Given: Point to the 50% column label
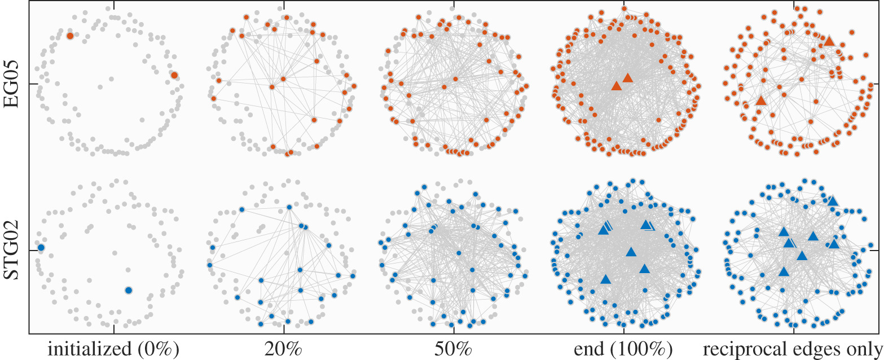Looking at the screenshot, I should tap(455, 349).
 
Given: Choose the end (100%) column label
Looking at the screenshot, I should tap(623, 349).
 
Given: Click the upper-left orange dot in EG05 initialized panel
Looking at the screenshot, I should tap(70, 36).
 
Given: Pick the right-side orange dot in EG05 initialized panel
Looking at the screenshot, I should tap(175, 75).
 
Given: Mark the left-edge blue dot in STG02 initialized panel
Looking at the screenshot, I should tap(41, 248).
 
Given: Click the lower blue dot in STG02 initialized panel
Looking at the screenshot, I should tap(128, 290).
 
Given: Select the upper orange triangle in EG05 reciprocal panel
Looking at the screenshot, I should tap(828, 41).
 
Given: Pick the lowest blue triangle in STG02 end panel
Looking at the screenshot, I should tap(605, 279).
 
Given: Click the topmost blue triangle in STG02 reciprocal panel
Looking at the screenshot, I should tap(833, 201).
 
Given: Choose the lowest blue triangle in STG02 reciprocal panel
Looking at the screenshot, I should tap(783, 271).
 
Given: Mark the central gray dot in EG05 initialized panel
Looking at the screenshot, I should tap(100, 87).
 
